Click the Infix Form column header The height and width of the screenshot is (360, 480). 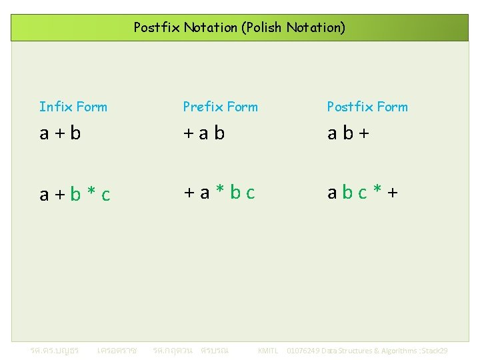point(73,107)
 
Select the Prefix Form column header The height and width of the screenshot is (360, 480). point(220,107)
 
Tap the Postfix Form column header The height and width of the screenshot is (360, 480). point(367,107)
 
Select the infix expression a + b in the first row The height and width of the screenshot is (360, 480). point(60,133)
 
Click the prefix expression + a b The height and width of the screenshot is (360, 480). point(204,133)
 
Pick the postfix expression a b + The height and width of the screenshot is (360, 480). point(348,133)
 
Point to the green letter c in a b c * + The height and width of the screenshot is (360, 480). point(363,193)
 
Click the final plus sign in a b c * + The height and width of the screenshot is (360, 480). point(393,193)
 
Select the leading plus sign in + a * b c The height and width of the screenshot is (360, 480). point(189,193)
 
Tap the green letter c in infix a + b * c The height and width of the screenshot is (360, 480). point(105,195)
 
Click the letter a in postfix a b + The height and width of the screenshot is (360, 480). point(331,134)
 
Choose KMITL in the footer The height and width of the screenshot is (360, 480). point(267,351)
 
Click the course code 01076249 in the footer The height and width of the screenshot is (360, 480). point(303,351)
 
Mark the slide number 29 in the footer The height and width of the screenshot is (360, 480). point(443,351)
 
